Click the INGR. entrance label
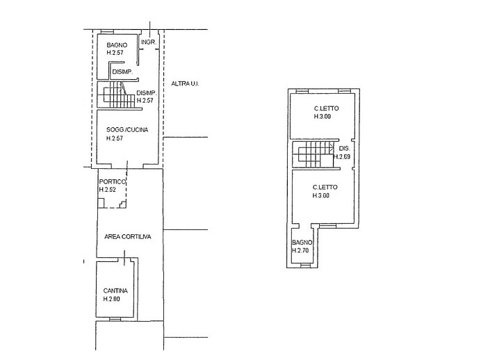click(147, 42)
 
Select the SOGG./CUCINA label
click(127, 130)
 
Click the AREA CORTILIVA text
click(128, 236)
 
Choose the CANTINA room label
click(115, 291)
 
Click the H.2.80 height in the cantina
click(112, 299)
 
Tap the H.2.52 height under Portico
click(107, 190)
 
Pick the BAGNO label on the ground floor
click(117, 45)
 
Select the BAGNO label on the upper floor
click(302, 242)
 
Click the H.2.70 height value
click(300, 250)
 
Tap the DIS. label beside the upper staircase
click(344, 149)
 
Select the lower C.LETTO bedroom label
click(325, 187)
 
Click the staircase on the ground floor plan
click(113, 95)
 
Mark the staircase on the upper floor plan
click(309, 156)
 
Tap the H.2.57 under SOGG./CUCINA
click(115, 138)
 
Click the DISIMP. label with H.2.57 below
click(147, 93)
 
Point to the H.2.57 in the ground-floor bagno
click(115, 53)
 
